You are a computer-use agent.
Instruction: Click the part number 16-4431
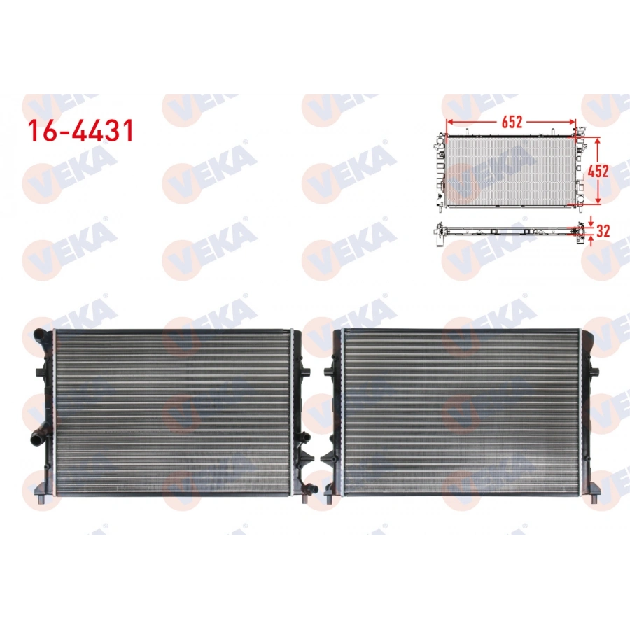tap(80, 131)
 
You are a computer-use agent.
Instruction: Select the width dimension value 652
tap(512, 122)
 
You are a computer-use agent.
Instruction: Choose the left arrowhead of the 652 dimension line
tap(450, 122)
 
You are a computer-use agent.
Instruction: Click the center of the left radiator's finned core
tap(171, 409)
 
